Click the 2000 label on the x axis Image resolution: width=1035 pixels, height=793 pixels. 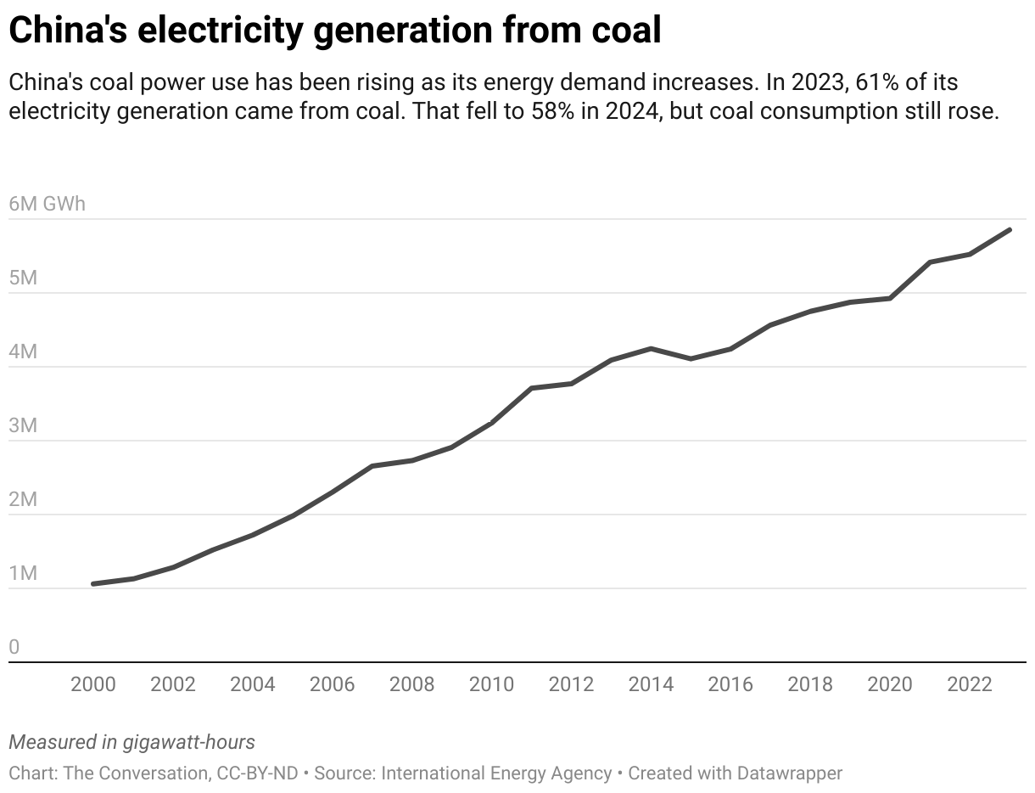[x=92, y=684]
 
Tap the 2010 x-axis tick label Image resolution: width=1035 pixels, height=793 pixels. [x=491, y=684]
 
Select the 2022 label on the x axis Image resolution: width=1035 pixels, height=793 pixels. [x=970, y=684]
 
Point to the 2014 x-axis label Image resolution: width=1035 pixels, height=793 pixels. [x=651, y=684]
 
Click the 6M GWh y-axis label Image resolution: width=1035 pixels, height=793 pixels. [x=48, y=205]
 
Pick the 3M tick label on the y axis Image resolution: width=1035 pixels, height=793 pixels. [x=23, y=425]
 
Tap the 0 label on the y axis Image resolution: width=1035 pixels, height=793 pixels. [x=14, y=647]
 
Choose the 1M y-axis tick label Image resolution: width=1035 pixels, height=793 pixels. [x=23, y=573]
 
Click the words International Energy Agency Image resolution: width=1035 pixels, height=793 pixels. [x=496, y=773]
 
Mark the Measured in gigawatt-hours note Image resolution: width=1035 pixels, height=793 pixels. [x=131, y=742]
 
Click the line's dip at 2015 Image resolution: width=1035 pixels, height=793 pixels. [x=691, y=358]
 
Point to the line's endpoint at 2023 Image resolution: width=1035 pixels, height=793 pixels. [x=1010, y=230]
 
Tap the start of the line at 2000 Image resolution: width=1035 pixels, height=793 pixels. [x=93, y=584]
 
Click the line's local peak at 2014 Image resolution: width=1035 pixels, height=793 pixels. [x=651, y=348]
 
